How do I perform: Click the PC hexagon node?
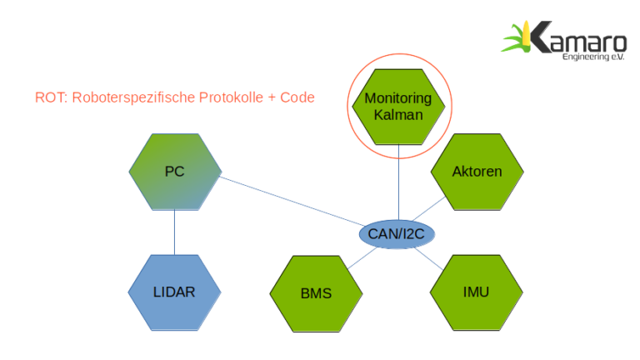coord(175,172)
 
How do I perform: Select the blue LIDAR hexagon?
coord(174,292)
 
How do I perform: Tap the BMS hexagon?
coord(316,293)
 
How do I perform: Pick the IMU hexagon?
coord(476,292)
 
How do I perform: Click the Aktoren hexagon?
coord(477,172)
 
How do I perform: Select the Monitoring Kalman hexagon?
coord(398,106)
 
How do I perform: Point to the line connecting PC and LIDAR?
coord(174,232)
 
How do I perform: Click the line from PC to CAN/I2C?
coord(292,205)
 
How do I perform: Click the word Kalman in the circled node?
coord(398,115)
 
